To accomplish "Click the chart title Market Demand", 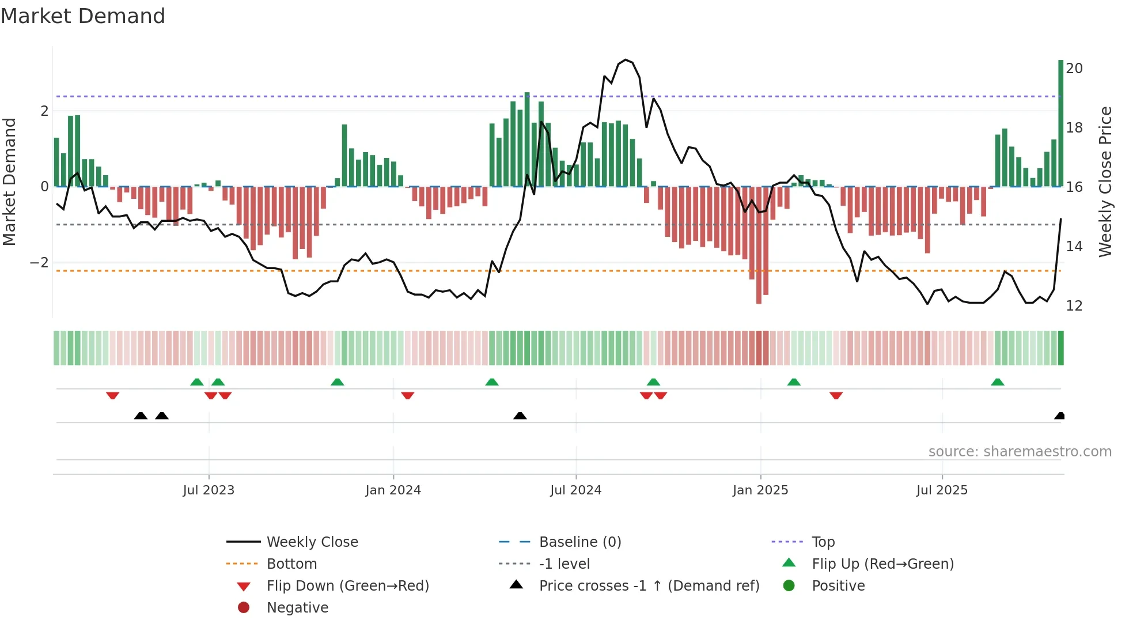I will coord(83,16).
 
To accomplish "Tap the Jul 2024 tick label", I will coord(575,490).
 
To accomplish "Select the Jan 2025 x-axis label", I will coord(760,490).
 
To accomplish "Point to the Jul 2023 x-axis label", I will coord(209,490).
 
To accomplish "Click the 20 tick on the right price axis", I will coord(1074,69).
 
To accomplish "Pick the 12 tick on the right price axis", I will coord(1074,306).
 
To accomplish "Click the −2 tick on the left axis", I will coord(40,263).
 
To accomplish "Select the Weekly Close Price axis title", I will coord(1105,182).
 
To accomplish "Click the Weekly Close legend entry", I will coord(312,542).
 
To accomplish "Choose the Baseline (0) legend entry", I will coord(579,542).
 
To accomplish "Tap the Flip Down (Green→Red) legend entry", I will coord(347,586).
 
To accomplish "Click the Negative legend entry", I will coord(297,608).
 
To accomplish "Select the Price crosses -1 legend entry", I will coord(649,586).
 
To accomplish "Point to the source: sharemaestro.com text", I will coord(1020,452).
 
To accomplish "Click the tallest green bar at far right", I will coord(1060,123).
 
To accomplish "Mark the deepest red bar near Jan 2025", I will coord(759,245).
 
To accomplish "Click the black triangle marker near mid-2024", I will coord(520,415).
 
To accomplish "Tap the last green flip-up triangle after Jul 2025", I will coord(998,382).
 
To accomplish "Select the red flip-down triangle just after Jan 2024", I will coord(408,395).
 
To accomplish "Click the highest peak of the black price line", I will coord(626,60).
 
